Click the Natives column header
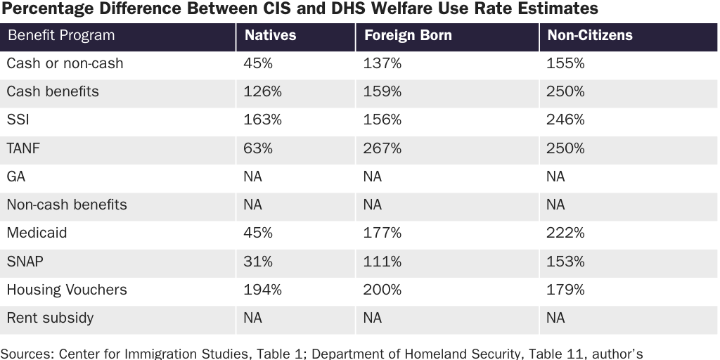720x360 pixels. (270, 35)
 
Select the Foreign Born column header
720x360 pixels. (407, 35)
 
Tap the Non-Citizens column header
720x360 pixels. (589, 35)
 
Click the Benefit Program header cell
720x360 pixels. (60, 35)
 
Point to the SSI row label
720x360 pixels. (18, 120)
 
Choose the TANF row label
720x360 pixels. (23, 148)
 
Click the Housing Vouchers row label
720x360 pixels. (67, 290)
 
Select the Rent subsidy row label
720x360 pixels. (50, 318)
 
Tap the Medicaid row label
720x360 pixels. (37, 233)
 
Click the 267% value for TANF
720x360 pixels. (382, 148)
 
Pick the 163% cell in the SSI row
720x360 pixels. (262, 120)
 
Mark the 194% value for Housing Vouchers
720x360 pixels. (262, 290)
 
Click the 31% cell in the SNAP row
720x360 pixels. (258, 261)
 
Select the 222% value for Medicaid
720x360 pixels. (565, 233)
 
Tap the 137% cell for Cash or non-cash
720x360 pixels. (382, 63)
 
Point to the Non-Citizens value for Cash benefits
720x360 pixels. (565, 91)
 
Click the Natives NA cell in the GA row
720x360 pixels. (252, 176)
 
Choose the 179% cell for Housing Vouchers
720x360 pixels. (565, 290)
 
